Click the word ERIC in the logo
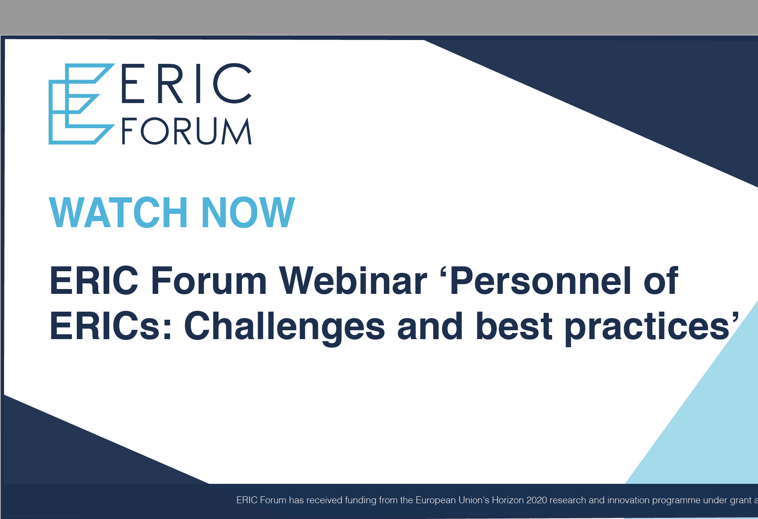tap(186, 83)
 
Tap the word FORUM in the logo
tap(186, 131)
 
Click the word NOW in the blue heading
tap(248, 212)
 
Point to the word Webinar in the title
tap(353, 281)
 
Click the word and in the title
tap(430, 326)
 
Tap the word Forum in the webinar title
tap(208, 281)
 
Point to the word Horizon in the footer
tap(508, 500)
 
